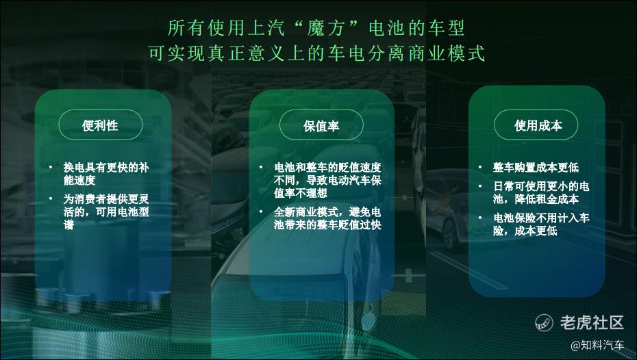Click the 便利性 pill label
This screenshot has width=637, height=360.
coord(100,125)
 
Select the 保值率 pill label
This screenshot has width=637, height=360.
coord(321,126)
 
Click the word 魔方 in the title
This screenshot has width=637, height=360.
coord(326,28)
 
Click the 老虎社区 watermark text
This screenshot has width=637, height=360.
coord(592,322)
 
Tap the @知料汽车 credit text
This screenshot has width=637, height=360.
coord(597,345)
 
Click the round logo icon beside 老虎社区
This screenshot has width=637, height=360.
coord(544,322)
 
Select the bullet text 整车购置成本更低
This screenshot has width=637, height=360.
coord(536,167)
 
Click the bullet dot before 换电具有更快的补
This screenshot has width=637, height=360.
coord(51,167)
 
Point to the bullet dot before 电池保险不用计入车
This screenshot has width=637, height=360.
coord(480,218)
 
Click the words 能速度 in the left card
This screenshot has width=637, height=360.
coord(79,180)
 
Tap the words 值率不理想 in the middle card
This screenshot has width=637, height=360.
coord(300,193)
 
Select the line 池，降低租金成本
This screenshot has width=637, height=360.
coord(536,199)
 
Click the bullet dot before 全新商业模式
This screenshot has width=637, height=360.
coord(261,211)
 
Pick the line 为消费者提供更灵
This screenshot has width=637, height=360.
coord(106,199)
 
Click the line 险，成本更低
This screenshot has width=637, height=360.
coord(525,231)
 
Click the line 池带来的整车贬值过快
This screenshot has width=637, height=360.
coord(327,224)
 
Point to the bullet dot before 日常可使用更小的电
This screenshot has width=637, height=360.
coord(480,186)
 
